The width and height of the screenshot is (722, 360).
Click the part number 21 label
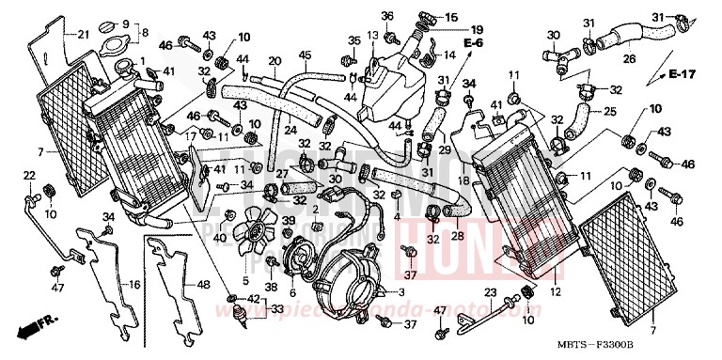(x=84, y=35)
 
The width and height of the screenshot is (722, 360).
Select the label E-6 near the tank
(x=473, y=44)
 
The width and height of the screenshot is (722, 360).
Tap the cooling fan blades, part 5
(x=248, y=227)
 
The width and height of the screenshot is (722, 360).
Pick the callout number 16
(x=135, y=283)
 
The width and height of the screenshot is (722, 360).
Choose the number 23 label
(x=490, y=293)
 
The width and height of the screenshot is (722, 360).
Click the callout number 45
(x=304, y=55)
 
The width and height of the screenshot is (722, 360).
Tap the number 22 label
(x=28, y=175)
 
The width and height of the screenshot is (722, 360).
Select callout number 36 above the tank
(x=386, y=16)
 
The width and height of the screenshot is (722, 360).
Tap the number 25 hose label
(x=609, y=112)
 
